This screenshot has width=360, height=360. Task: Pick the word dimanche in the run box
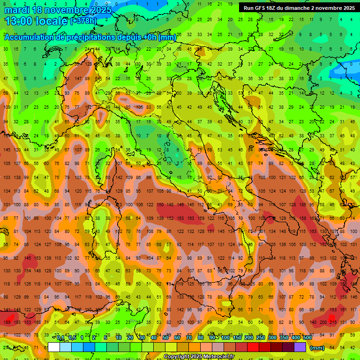(x=297, y=8)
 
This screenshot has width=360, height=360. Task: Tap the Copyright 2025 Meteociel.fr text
(x=199, y=357)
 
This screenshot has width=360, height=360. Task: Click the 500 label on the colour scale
(x=307, y=338)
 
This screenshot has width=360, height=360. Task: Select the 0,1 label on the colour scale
(x=60, y=338)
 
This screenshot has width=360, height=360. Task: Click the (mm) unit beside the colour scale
(x=317, y=348)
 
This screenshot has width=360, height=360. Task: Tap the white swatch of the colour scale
(x=54, y=347)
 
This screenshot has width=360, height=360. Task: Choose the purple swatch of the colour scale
(x=300, y=347)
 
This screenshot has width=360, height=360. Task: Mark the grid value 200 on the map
(x=323, y=322)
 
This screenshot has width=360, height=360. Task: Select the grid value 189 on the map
(x=7, y=322)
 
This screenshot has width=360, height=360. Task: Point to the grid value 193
(x=17, y=322)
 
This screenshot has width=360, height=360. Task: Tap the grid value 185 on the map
(x=302, y=205)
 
